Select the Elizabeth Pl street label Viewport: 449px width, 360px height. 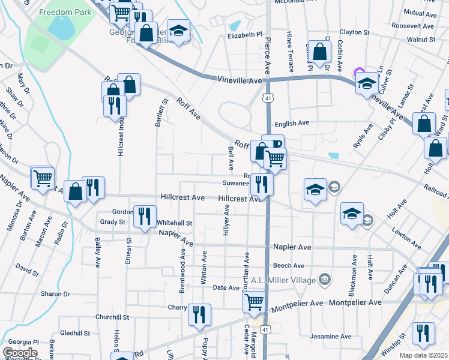245,36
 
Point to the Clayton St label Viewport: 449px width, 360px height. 354,32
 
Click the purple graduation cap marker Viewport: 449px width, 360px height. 361,74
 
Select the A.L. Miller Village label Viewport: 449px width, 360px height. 284,279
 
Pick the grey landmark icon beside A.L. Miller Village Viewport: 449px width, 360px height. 325,278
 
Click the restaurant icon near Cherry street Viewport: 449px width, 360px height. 199,314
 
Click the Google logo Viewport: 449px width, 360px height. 20,353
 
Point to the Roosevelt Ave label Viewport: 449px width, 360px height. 412,26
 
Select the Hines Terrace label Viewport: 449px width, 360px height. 290,52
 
